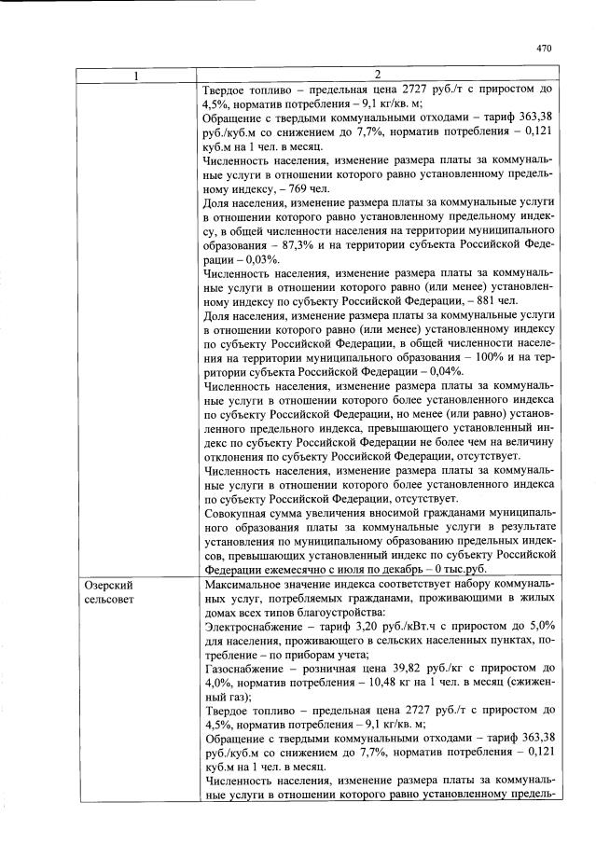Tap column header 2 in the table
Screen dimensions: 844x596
378,75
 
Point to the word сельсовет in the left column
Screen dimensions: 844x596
111,599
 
